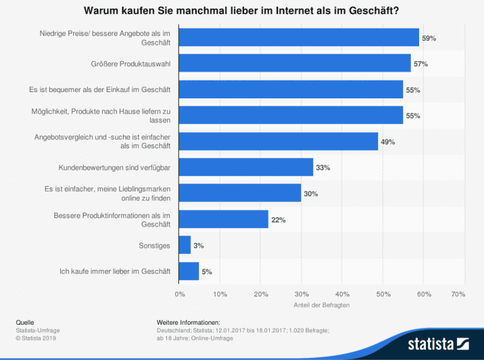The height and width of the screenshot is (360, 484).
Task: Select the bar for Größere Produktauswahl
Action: pyautogui.click(x=294, y=64)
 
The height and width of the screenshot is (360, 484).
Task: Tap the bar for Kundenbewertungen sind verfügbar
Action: pyautogui.click(x=246, y=168)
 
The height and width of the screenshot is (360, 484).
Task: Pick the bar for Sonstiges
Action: pyautogui.click(x=185, y=245)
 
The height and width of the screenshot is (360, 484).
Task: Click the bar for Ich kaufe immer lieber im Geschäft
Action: pyautogui.click(x=189, y=272)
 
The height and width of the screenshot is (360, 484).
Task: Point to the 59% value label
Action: pyautogui.click(x=429, y=38)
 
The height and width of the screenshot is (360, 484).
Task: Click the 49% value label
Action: pyautogui.click(x=388, y=142)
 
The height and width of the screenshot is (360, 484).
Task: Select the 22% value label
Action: pyautogui.click(x=278, y=220)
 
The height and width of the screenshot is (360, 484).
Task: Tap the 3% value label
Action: pyautogui.click(x=199, y=246)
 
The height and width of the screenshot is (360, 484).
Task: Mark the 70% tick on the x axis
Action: pyautogui.click(x=458, y=294)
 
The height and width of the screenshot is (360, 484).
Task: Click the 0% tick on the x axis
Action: pyautogui.click(x=180, y=294)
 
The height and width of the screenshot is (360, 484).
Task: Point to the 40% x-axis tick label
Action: pyautogui.click(x=342, y=294)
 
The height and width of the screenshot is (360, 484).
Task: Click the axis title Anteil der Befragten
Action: pyautogui.click(x=321, y=305)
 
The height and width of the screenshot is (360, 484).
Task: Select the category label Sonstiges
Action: pyautogui.click(x=154, y=245)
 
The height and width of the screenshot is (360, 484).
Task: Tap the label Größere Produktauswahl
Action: pyautogui.click(x=130, y=64)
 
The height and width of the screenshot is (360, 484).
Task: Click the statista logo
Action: pyautogui.click(x=437, y=344)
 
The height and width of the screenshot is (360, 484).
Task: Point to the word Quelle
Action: pyautogui.click(x=25, y=322)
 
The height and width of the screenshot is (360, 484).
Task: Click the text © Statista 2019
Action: pyautogui.click(x=37, y=338)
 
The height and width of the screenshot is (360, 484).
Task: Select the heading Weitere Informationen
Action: pyautogui.click(x=188, y=322)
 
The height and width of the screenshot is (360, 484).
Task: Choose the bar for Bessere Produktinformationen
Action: pyautogui.click(x=224, y=219)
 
